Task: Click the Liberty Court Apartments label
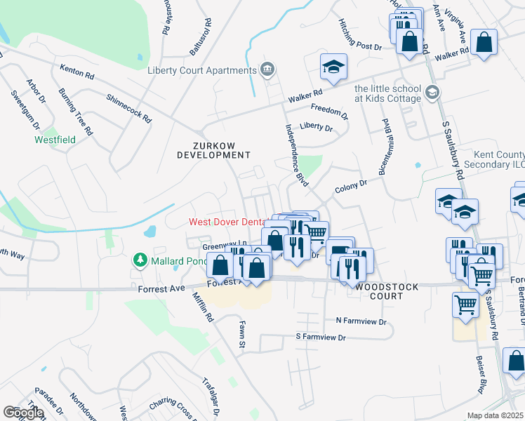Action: (201, 70)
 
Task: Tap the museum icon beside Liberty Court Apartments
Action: (267, 69)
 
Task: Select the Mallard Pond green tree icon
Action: (140, 260)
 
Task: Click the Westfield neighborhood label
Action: (55, 140)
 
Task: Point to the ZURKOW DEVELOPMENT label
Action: (212, 149)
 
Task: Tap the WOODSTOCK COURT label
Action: (388, 291)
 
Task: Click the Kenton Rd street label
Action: (77, 72)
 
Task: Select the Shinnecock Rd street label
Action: (129, 109)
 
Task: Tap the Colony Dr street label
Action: (351, 186)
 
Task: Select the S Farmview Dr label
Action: (321, 338)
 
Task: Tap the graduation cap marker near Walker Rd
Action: (334, 68)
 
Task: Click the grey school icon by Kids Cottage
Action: (432, 92)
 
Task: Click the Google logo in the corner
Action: (22, 413)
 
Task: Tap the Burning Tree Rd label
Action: (76, 111)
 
